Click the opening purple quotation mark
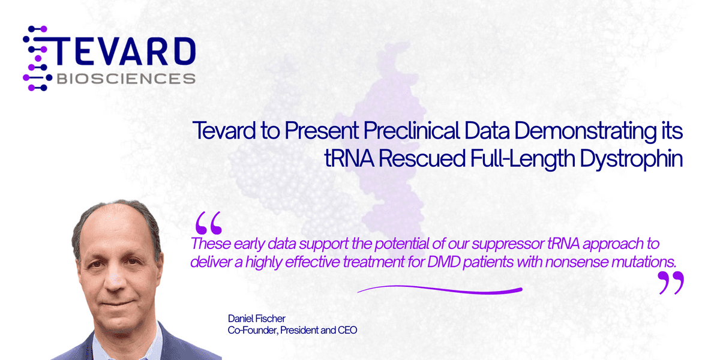coord(208,223)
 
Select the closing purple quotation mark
coord(670,283)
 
